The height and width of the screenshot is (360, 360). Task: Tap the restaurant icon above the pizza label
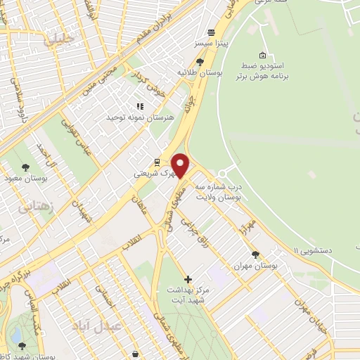pos(210,32)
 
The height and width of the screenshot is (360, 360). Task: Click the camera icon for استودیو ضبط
pos(262,56)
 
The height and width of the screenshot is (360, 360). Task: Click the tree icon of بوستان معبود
pos(26,167)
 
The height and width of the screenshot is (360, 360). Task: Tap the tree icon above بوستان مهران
pos(255,255)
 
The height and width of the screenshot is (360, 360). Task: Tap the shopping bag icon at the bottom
pos(135,354)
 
